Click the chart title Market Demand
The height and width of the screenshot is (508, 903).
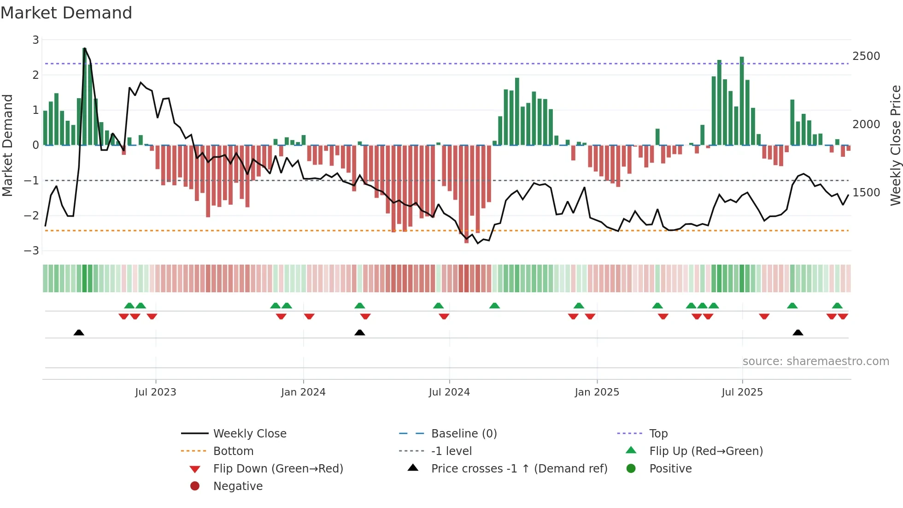coord(66,13)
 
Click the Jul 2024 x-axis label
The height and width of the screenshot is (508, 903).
coord(449,392)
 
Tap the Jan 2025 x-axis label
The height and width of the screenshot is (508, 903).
coord(597,392)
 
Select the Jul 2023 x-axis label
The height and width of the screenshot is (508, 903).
coord(156,392)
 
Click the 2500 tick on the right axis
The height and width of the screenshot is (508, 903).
coord(866,56)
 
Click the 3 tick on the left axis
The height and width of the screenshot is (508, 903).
coord(35,40)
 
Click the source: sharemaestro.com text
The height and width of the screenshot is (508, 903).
coord(815,361)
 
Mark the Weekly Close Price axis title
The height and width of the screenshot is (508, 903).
coord(895,145)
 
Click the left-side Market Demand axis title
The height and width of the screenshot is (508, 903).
coord(8,145)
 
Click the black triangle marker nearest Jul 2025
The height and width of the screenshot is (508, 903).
coord(798,332)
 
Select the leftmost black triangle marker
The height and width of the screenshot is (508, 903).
coord(79,332)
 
